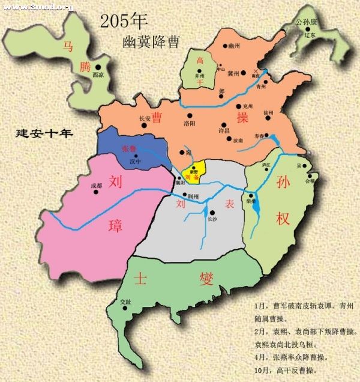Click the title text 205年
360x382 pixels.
pyautogui.click(x=124, y=22)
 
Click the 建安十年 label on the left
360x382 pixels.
pyautogui.click(x=44, y=133)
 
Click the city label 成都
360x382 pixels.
pyautogui.click(x=97, y=186)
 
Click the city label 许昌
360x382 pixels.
pyautogui.click(x=223, y=130)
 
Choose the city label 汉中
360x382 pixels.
pyautogui.click(x=135, y=161)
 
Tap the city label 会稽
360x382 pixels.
pyautogui.click(x=310, y=180)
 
